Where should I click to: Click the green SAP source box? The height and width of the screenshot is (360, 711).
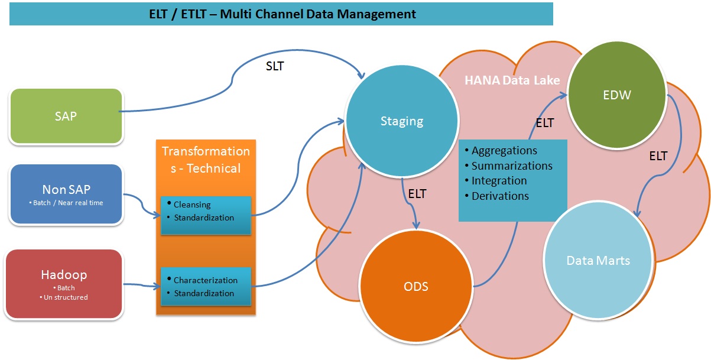(x=66, y=116)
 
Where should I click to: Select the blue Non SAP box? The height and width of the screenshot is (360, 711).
(x=66, y=193)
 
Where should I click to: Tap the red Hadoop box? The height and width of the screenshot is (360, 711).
(x=64, y=284)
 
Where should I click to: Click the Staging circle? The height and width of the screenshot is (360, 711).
(x=401, y=121)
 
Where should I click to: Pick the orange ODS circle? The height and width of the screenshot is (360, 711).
(x=416, y=287)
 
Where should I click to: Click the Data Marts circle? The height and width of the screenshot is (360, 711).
(x=598, y=260)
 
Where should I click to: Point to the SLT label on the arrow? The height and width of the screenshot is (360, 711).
(x=274, y=66)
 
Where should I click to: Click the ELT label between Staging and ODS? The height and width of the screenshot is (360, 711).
(x=417, y=193)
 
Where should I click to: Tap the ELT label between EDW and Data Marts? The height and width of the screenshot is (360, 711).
(x=658, y=156)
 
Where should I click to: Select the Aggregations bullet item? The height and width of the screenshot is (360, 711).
(x=504, y=151)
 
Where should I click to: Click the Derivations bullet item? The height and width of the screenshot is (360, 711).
(x=500, y=196)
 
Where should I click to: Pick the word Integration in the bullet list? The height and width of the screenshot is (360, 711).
(x=499, y=181)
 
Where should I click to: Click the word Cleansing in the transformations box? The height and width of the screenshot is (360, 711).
(x=192, y=205)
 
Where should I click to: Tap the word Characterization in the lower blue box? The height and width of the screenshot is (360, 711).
(x=206, y=280)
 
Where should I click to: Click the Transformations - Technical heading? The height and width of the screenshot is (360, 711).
(x=206, y=160)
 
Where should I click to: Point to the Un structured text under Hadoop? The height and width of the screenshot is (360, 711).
(x=66, y=297)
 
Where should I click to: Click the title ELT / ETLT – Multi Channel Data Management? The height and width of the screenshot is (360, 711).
(x=282, y=14)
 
